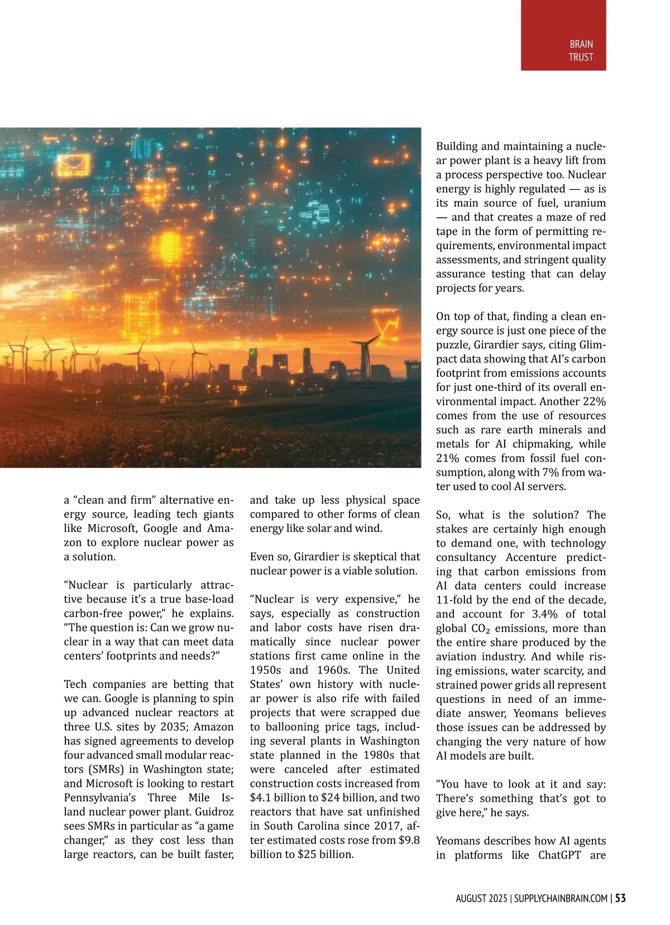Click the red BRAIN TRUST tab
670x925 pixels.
(563, 35)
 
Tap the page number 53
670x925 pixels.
(620, 898)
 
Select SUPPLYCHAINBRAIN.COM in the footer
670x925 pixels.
(561, 898)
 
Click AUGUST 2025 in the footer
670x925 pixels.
(481, 898)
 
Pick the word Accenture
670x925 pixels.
(532, 557)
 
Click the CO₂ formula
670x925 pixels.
(478, 629)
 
